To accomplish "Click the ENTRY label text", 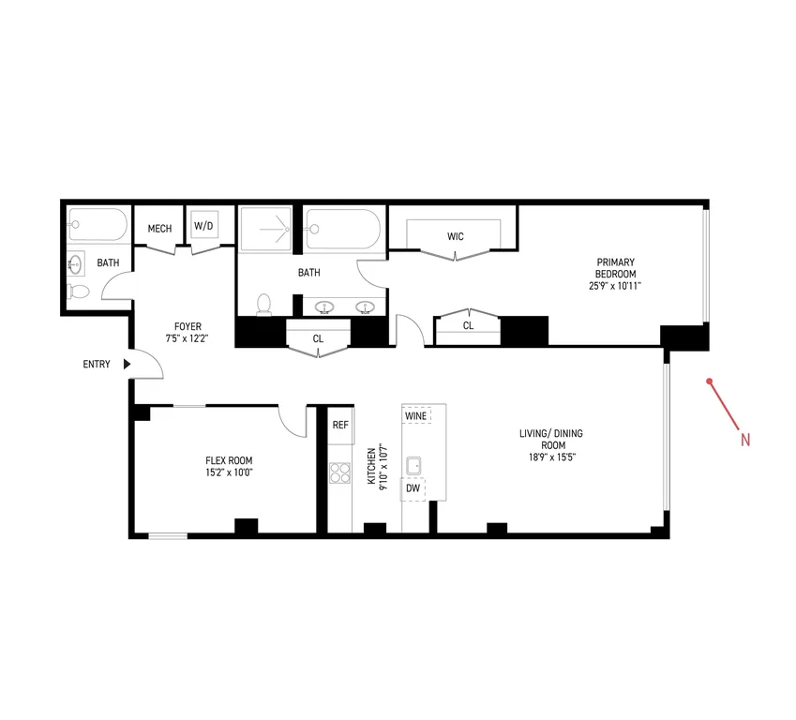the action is (x=97, y=364).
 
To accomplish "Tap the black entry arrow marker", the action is (x=127, y=364).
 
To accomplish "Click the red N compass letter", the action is (x=744, y=440).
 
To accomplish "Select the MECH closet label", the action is (x=159, y=229).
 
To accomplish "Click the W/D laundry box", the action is (x=204, y=225).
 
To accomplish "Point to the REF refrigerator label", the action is (x=340, y=425).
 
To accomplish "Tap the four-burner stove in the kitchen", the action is (x=339, y=472).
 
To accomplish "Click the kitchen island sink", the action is (x=413, y=466).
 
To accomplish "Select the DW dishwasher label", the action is (x=413, y=488).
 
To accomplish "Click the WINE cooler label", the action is (x=415, y=416).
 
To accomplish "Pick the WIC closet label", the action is (x=456, y=236).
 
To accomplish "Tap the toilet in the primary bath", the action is (x=264, y=305).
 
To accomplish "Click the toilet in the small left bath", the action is (x=79, y=292).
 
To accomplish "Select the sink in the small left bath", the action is (x=76, y=264).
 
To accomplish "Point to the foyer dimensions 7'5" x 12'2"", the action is (x=188, y=338).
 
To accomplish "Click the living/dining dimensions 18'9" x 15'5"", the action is (x=552, y=457).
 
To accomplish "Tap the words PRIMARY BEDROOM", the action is (x=615, y=268).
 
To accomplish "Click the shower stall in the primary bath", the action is (x=265, y=229).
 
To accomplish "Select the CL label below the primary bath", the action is (x=318, y=338).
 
